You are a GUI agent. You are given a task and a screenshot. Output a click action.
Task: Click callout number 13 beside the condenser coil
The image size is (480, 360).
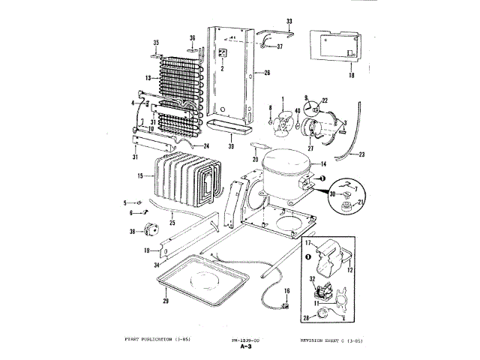coord(149,78)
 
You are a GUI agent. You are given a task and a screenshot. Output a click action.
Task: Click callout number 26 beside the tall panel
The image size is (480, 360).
coord(265,73)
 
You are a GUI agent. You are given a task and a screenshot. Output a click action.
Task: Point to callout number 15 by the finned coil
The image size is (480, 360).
coord(140,176)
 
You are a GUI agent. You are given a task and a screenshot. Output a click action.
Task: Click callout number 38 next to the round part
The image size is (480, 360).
coord(133,232)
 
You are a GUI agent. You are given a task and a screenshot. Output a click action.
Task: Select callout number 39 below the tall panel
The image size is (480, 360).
coord(232,146)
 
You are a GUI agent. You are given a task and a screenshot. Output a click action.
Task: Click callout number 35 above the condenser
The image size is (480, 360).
coord(157,42)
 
